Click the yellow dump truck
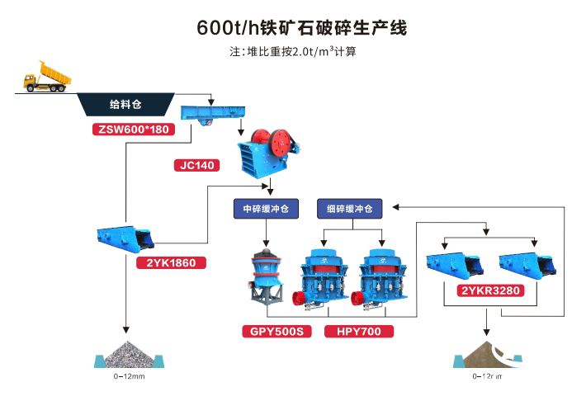47,76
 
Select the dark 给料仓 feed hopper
126,105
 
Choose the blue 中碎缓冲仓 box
265,209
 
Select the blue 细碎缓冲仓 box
349,209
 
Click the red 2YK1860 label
171,263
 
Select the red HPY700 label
358,332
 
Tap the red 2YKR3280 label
492,291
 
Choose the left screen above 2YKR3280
454,263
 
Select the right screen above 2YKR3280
528,263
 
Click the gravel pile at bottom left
127,355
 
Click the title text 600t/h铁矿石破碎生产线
302,26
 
